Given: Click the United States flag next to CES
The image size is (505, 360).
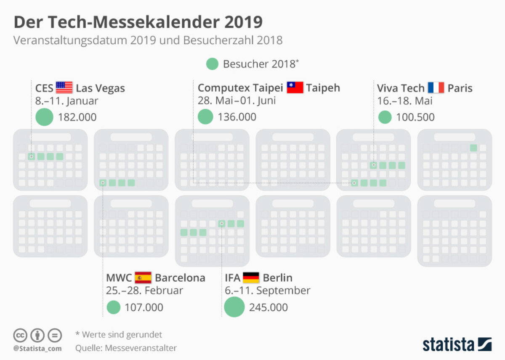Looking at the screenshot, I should pyautogui.click(x=64, y=88).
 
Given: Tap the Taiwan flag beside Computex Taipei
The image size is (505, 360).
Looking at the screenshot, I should pyautogui.click(x=295, y=88).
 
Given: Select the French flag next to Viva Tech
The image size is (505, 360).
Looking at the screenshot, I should pyautogui.click(x=436, y=88).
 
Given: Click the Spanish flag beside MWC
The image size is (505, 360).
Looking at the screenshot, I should pyautogui.click(x=143, y=278).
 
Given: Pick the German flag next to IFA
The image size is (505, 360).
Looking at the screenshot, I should pyautogui.click(x=251, y=278).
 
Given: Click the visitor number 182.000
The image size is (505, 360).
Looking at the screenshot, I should pyautogui.click(x=78, y=117).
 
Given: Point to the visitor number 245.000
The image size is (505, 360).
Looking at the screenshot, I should pyautogui.click(x=268, y=307).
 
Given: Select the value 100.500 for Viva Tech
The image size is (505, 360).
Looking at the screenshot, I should pyautogui.click(x=415, y=117).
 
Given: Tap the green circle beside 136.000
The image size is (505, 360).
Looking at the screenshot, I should pyautogui.click(x=205, y=117).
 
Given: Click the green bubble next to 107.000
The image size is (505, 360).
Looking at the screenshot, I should pyautogui.click(x=114, y=307).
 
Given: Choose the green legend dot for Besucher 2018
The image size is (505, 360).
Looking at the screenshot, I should pyautogui.click(x=212, y=64).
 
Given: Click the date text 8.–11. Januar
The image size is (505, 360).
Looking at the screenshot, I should pyautogui.click(x=66, y=101).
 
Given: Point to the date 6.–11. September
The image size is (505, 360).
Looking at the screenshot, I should pyautogui.click(x=268, y=291).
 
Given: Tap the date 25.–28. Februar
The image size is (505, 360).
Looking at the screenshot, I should pyautogui.click(x=144, y=291).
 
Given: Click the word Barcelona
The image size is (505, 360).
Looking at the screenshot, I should pyautogui.click(x=180, y=278).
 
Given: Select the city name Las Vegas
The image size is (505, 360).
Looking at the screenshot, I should pyautogui.click(x=100, y=88).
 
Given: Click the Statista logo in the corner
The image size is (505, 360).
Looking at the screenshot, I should pyautogui.click(x=457, y=344).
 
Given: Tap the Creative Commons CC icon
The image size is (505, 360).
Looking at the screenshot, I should pyautogui.click(x=20, y=335).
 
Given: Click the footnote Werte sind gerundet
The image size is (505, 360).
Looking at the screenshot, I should pyautogui.click(x=119, y=335).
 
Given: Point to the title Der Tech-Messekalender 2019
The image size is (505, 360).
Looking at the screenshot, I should pyautogui.click(x=138, y=22).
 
